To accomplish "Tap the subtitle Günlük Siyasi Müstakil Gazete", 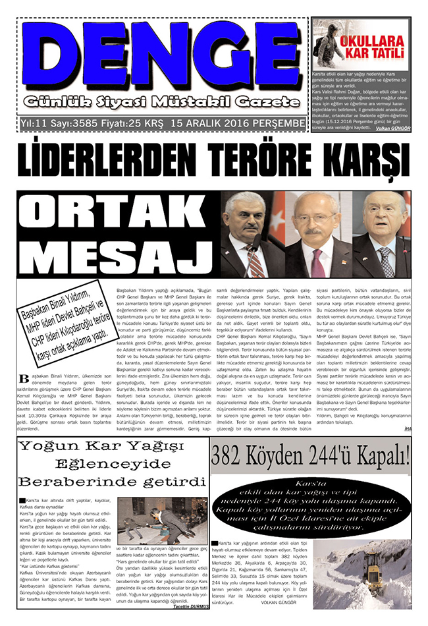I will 158,103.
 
